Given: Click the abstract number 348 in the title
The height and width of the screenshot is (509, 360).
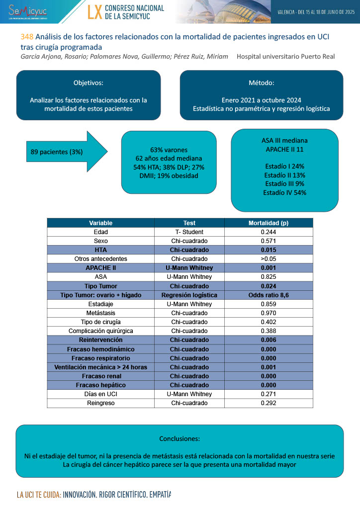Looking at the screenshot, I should tap(27, 37).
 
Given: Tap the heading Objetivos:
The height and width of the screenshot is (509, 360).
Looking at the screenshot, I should tap(89, 83).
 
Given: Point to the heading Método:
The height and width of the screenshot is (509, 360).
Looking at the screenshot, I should tap(261, 83).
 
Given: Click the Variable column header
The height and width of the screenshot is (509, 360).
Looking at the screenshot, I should tap(100, 223).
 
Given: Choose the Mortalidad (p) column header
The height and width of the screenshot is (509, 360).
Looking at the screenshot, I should tap(269, 223).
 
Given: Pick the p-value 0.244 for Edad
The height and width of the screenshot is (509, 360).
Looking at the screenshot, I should tap(269, 232).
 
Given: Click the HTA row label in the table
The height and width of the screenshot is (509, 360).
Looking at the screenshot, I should tap(100, 250).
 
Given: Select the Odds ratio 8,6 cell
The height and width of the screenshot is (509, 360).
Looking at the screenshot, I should tap(269, 295).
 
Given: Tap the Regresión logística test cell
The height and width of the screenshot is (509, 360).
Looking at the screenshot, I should tap(189, 295).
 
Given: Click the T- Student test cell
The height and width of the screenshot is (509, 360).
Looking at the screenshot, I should tap(189, 232).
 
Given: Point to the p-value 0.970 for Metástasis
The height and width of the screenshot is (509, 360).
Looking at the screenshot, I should tap(269, 313).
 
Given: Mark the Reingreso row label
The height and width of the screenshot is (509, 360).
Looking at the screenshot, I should tap(100, 403).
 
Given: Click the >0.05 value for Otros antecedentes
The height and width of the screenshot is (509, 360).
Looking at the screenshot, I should tap(269, 258).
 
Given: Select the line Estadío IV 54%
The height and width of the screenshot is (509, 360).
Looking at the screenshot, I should tap(285, 192).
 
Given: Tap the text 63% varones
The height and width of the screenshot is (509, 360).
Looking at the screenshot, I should tap(169, 149).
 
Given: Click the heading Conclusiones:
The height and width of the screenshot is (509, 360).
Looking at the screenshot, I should tap(180, 438).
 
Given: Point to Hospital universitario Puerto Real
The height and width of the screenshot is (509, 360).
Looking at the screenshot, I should tap(285, 56).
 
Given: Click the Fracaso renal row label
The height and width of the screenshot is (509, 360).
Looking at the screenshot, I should tap(100, 376).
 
